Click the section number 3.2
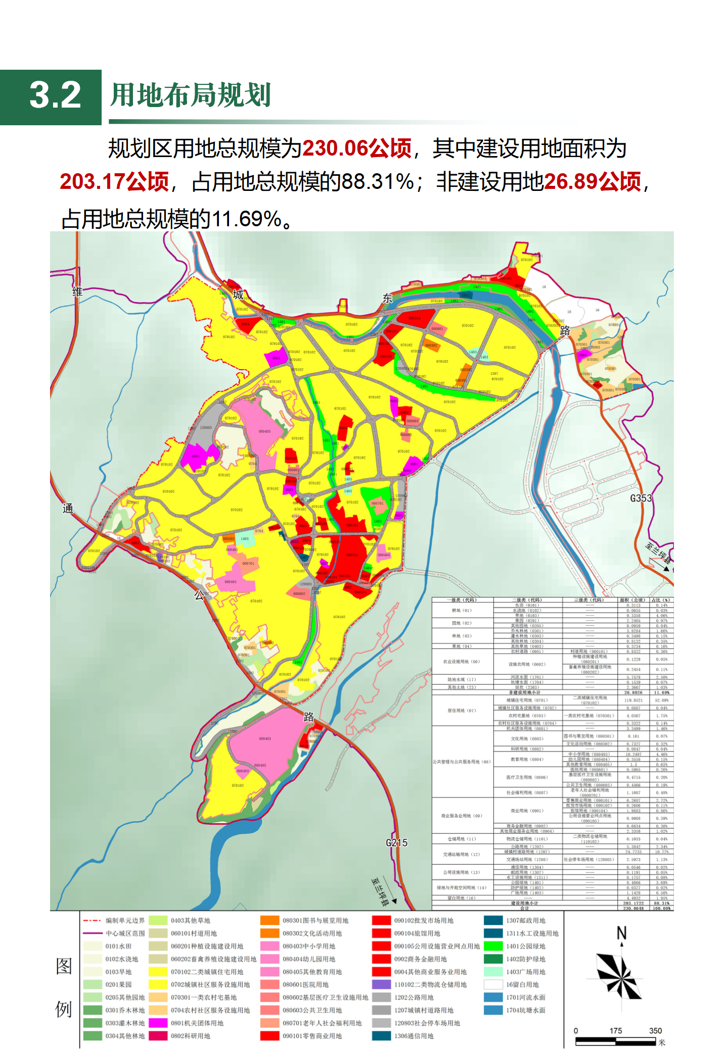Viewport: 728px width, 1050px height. [x=55, y=95]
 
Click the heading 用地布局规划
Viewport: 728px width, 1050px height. [x=191, y=95]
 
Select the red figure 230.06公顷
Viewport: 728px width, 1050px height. [x=356, y=149]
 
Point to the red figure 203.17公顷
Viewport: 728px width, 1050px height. [x=114, y=182]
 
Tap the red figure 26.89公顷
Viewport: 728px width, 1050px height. [x=593, y=182]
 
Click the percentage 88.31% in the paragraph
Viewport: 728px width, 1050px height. [x=378, y=182]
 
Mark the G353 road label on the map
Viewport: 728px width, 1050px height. [x=641, y=498]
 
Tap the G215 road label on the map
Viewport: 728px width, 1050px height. [x=396, y=842]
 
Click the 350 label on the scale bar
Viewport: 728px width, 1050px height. [x=655, y=1031]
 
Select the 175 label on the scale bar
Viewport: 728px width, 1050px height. [x=615, y=1031]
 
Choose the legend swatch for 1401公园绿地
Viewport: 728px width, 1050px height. [x=493, y=946]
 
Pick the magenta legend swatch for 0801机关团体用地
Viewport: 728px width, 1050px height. [x=158, y=1023]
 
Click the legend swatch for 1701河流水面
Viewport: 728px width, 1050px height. [x=493, y=997]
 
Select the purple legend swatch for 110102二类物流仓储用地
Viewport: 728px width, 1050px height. [x=381, y=984]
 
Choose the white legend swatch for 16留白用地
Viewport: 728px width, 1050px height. [x=493, y=984]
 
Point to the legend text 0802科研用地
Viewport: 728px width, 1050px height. [x=190, y=1036]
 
